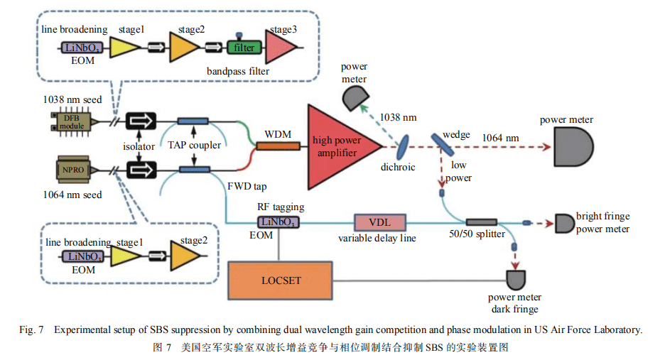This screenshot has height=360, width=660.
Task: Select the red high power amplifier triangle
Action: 334,146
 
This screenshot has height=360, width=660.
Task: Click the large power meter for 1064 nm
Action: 566,148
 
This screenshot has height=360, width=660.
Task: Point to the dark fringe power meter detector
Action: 515,278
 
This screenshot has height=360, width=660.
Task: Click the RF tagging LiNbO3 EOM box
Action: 278,222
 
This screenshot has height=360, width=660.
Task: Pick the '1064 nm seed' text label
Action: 72,195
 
